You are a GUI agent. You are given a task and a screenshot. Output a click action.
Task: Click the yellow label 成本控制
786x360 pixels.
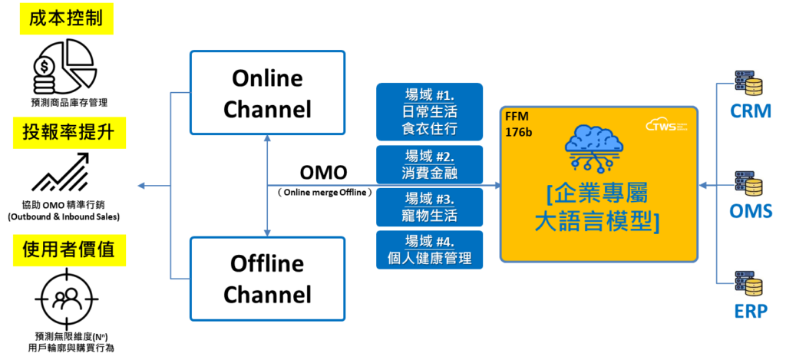pos(66,19)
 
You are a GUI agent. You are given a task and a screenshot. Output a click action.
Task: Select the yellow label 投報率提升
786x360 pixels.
pos(69,134)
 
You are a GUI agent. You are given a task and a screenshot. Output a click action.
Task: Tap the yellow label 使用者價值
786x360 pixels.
pos(69,251)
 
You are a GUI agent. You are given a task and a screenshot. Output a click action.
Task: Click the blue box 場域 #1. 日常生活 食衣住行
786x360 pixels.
pos(429,112)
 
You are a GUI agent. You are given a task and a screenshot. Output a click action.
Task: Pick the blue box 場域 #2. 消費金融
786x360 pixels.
pos(429,164)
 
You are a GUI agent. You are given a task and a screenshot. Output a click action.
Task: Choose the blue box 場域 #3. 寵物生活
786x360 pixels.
pos(429,206)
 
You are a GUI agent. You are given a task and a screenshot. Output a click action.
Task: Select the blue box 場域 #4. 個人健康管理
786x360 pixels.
pos(429,249)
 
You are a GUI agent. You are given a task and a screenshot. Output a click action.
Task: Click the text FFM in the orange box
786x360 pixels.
pos(517,117)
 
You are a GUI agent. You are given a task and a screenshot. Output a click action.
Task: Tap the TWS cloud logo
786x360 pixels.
pos(665,124)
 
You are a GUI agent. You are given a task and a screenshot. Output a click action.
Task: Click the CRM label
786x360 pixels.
pos(750,112)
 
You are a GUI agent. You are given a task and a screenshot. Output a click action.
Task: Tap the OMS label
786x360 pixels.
pos(750,211)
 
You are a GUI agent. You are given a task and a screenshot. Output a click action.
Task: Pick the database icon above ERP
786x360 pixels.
pos(748,283)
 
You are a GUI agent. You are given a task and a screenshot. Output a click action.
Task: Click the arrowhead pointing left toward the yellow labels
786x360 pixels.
pos(140,186)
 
